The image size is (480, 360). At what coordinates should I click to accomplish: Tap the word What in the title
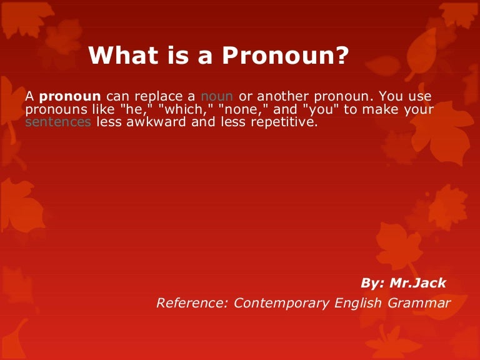123,55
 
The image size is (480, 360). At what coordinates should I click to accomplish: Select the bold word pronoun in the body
70,96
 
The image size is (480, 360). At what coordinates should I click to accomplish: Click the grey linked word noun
217,96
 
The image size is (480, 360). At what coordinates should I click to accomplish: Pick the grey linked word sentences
58,122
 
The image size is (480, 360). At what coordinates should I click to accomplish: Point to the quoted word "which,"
186,109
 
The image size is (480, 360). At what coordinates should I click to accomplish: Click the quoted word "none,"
242,109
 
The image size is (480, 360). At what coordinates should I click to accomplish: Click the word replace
159,96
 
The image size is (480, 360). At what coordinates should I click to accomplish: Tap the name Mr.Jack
417,283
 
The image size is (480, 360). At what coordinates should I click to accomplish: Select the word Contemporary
281,304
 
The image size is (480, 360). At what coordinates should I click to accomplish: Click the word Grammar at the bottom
419,303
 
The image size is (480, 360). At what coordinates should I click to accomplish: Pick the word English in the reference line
358,304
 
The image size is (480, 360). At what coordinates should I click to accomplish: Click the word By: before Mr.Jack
372,284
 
